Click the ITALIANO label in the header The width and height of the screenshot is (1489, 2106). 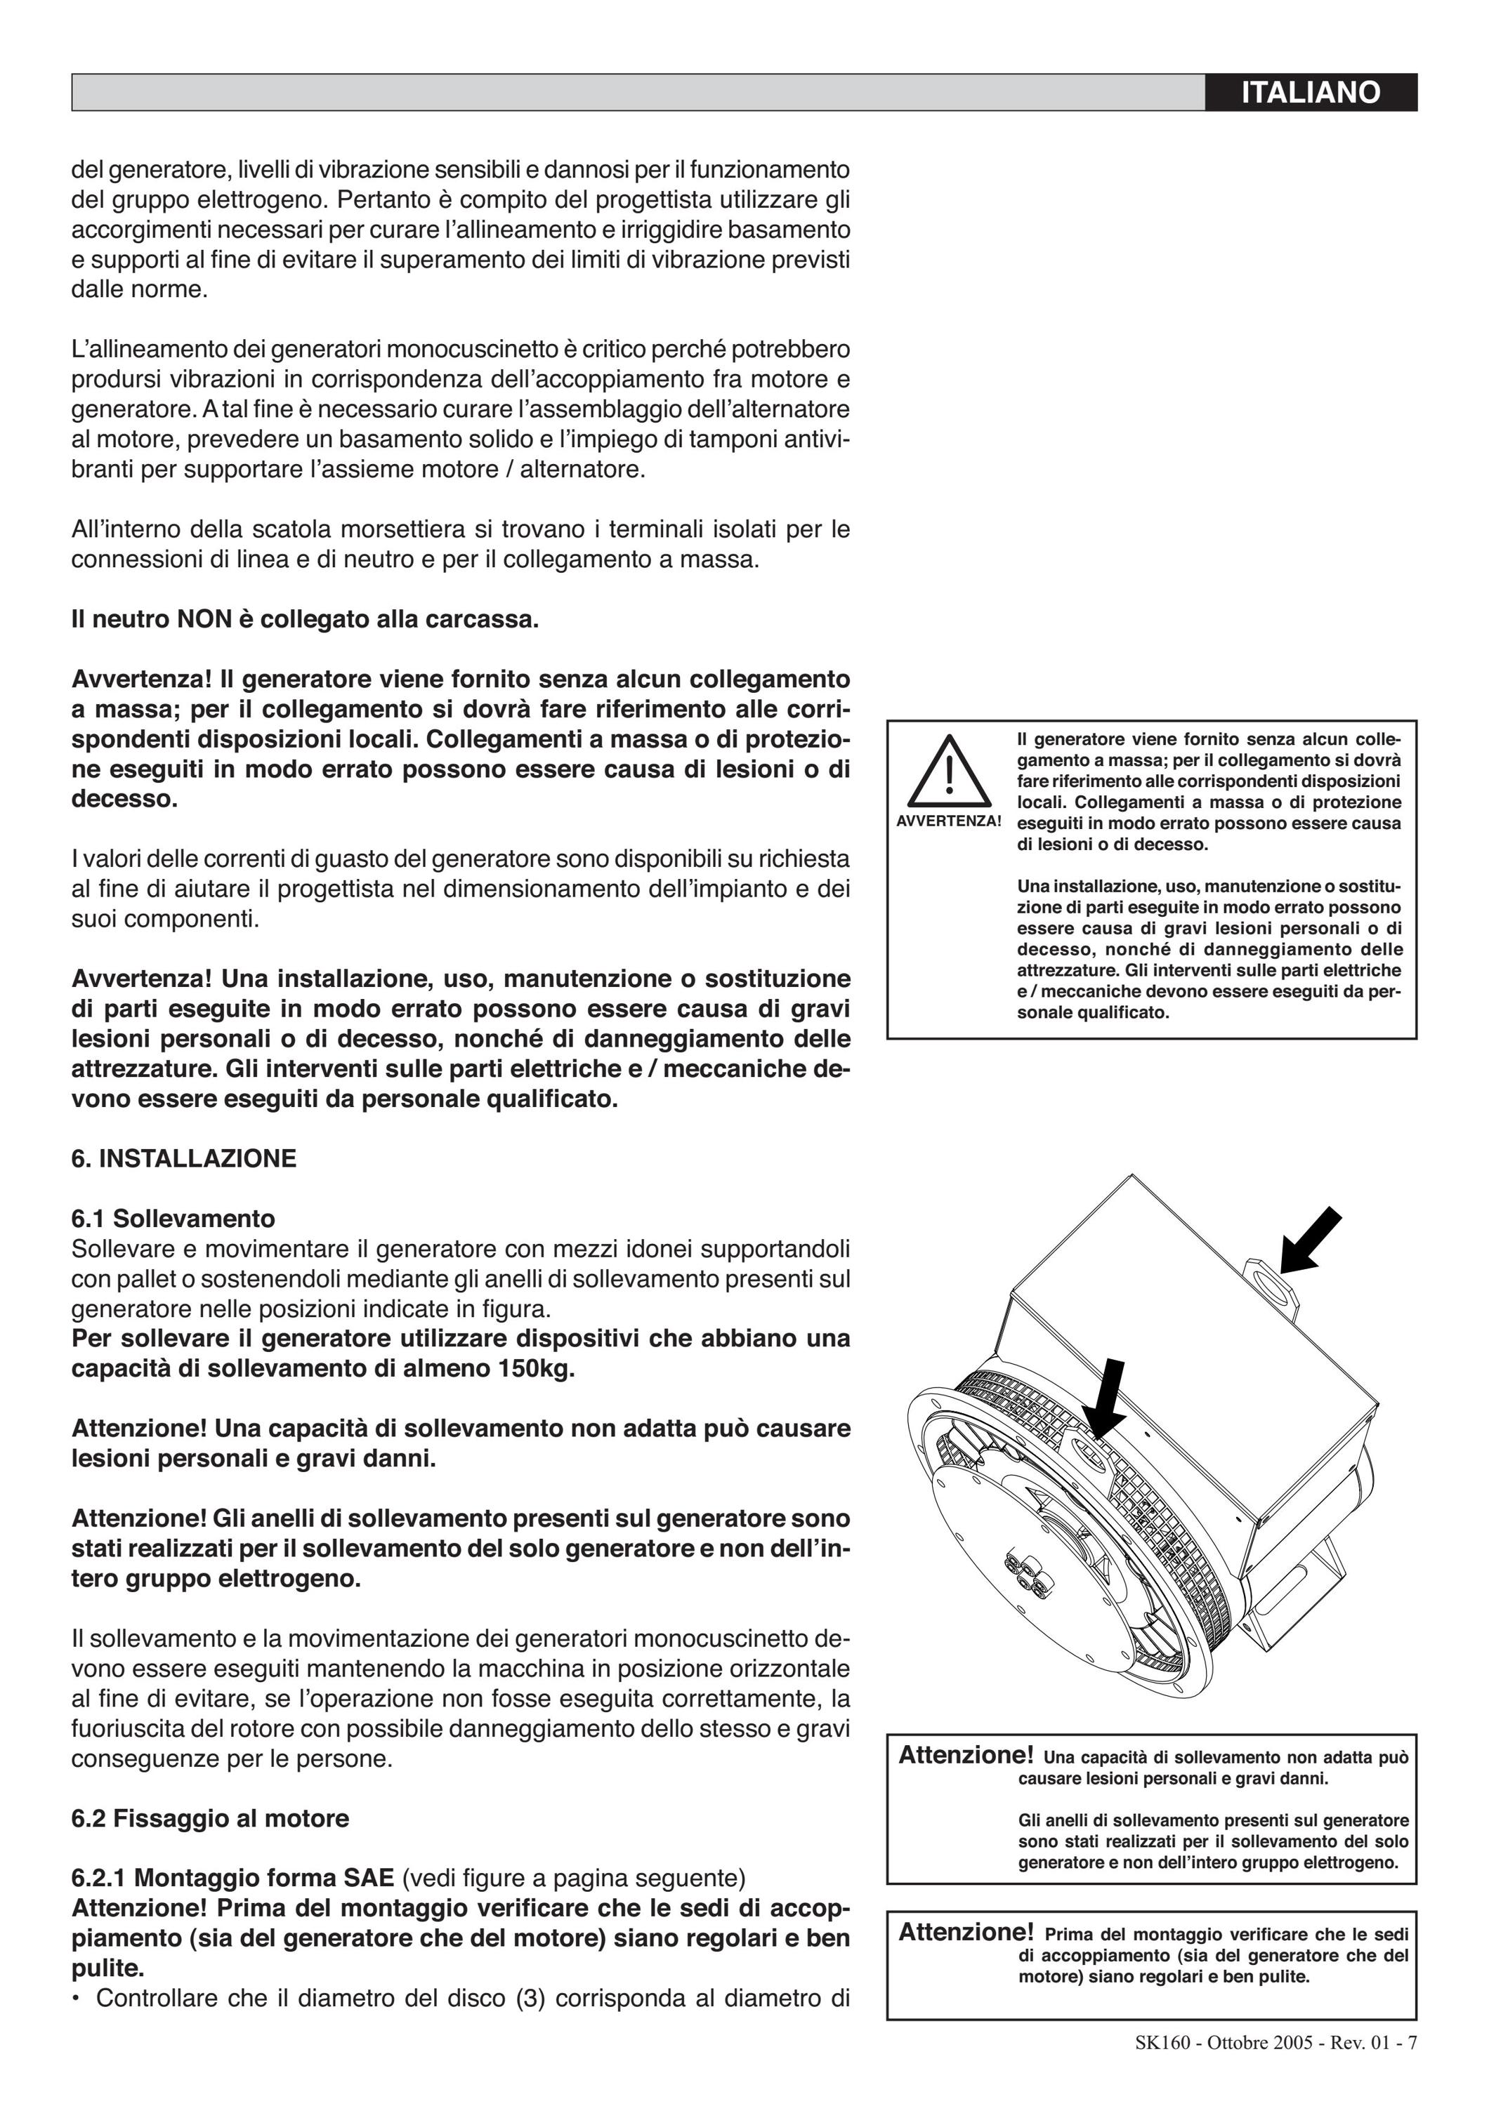pyautogui.click(x=1310, y=93)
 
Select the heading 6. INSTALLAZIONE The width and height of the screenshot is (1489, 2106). pyautogui.click(x=183, y=1158)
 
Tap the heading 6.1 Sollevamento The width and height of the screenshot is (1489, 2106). pyautogui.click(x=173, y=1218)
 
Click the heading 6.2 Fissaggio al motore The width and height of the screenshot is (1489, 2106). pyautogui.click(x=210, y=1818)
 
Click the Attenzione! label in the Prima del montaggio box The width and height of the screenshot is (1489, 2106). pyautogui.click(x=966, y=1932)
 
